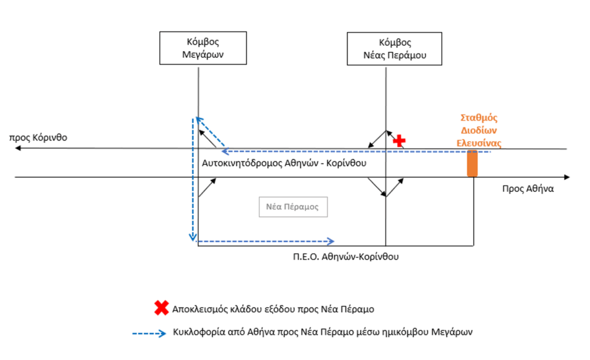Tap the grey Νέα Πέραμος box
tap(293, 207)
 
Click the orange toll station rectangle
tap(472, 162)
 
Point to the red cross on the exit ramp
tap(399, 140)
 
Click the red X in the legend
tap(161, 308)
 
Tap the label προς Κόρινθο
tap(38, 138)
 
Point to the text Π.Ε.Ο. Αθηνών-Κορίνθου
tap(346, 257)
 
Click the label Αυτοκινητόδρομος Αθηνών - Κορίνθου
tap(284, 163)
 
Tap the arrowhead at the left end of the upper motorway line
tap(18, 149)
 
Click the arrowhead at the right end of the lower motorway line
tap(567, 177)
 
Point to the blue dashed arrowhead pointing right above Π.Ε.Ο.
tap(331, 241)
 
